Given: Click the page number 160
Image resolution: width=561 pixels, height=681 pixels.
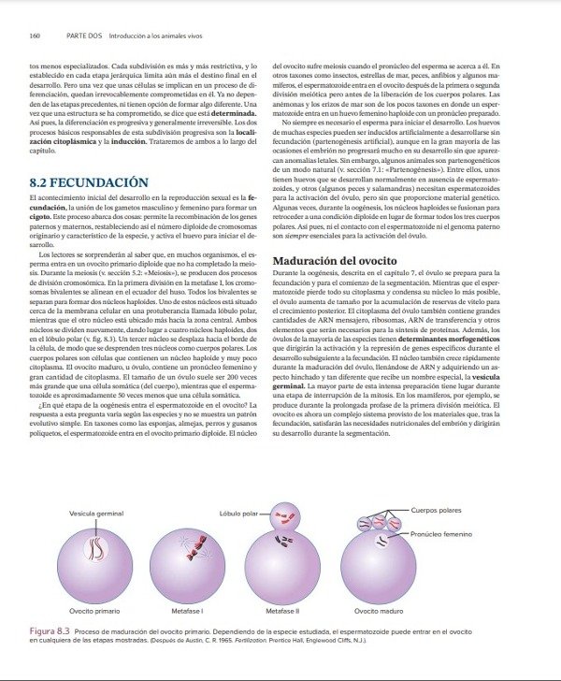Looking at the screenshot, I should [35, 36].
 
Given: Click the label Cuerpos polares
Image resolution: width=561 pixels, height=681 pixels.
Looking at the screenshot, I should [437, 510].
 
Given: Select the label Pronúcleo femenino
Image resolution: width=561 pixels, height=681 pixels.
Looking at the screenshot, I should [439, 533].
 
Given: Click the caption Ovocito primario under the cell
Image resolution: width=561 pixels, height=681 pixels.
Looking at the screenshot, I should [93, 609].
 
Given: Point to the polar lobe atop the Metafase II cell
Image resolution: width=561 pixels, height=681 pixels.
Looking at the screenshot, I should [282, 516].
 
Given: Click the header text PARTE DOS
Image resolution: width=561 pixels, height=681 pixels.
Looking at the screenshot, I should [79, 36].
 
